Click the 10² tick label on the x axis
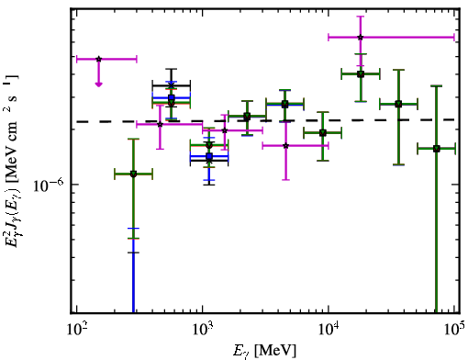77,331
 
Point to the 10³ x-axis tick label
203,331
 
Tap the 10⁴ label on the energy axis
329,331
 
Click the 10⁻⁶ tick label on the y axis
48,186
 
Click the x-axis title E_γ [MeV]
264,351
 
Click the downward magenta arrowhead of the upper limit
98,84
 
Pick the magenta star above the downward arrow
98,59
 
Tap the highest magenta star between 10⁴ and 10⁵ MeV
361,38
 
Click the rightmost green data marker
437,149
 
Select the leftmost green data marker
133,174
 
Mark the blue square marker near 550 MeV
172,97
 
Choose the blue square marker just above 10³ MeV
209,156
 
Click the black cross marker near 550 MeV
172,84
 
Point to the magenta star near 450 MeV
160,124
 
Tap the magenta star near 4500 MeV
286,146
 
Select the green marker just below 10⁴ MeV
323,133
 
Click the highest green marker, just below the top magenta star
361,73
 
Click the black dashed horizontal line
265,121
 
